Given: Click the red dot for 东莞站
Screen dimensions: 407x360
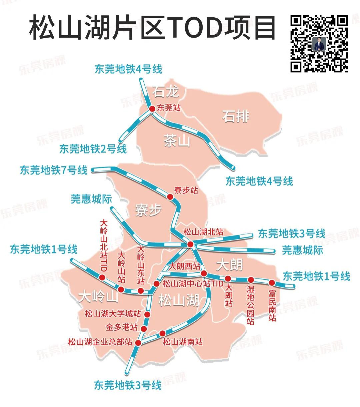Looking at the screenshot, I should (152, 109).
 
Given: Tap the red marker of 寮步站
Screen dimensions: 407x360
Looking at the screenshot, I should (170, 197).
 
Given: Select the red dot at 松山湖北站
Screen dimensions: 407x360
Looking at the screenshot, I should (190, 244).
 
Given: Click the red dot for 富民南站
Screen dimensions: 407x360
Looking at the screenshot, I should (272, 283).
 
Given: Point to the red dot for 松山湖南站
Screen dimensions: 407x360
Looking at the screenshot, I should (162, 333).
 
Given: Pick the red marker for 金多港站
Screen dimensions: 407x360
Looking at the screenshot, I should (144, 328).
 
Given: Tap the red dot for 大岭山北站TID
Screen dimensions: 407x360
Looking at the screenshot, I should (102, 277).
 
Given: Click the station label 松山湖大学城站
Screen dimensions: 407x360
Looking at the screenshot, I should (113, 314).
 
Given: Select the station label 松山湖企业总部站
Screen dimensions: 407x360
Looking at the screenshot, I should (100, 342).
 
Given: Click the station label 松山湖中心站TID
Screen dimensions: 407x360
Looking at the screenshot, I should (192, 284).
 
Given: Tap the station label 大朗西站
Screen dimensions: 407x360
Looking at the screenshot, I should (185, 266).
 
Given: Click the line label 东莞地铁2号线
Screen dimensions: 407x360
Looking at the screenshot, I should (93, 149).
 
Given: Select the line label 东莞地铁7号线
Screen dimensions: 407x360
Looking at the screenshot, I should (54, 170).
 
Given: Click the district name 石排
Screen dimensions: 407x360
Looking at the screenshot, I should (236, 117).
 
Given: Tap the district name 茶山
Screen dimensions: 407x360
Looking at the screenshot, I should (177, 141).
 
